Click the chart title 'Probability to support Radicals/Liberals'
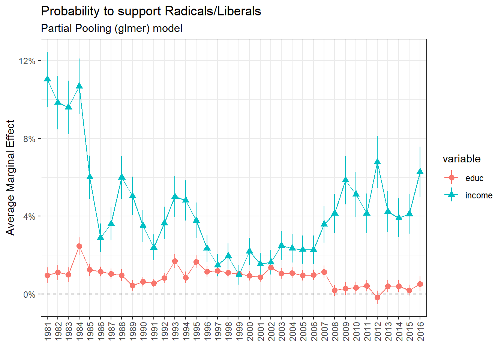point(151,11)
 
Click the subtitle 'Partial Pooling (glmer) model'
point(111,28)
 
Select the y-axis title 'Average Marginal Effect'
point(10,177)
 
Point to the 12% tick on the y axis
point(27,61)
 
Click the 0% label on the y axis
point(29,295)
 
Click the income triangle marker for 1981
point(47,79)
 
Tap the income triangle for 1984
point(79,86)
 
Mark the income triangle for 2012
point(378,162)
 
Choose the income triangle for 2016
point(420,171)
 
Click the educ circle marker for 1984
point(79,246)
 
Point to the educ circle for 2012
point(378,297)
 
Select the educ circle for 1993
point(175,261)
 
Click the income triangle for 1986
point(100,237)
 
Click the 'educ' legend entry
point(474,178)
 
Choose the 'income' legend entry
point(478,195)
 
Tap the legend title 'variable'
point(461,159)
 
